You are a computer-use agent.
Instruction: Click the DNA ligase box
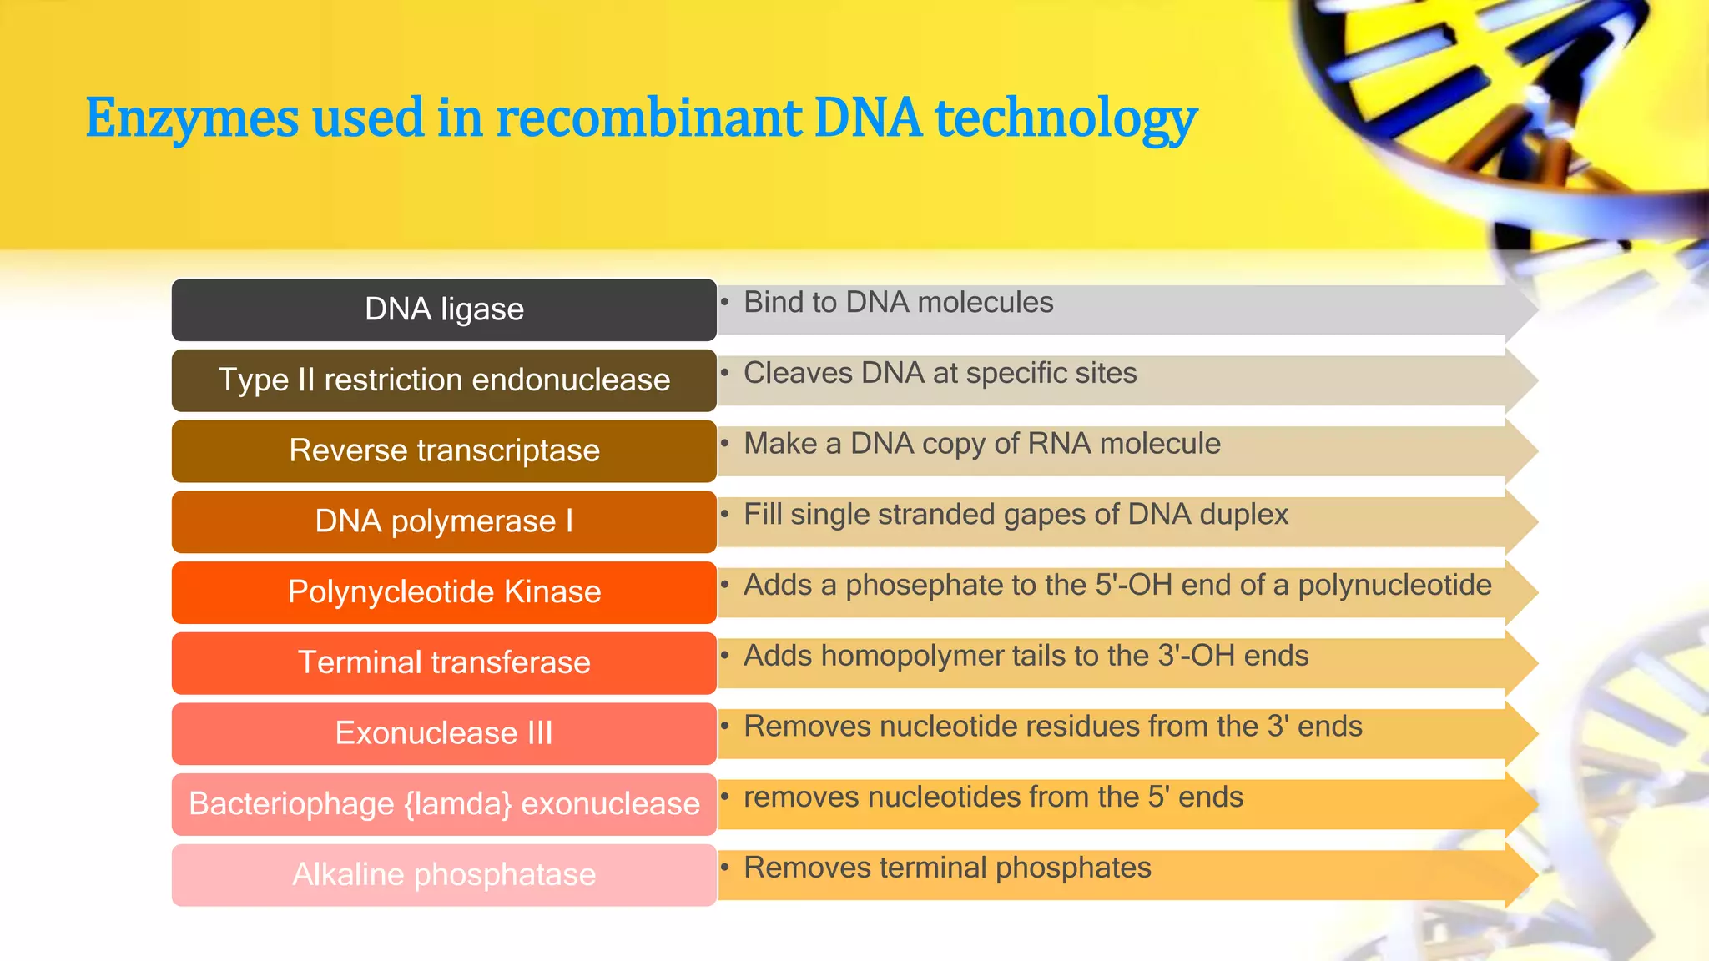pyautogui.click(x=444, y=309)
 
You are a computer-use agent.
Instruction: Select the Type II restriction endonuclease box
pyautogui.click(x=444, y=380)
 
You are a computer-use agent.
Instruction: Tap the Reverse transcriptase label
pyautogui.click(x=444, y=450)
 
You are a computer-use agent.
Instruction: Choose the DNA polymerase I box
pyautogui.click(x=444, y=521)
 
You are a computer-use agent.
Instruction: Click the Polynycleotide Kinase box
pyautogui.click(x=444, y=592)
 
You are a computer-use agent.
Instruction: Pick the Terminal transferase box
pyautogui.click(x=444, y=662)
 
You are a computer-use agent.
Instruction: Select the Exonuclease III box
pyautogui.click(x=444, y=733)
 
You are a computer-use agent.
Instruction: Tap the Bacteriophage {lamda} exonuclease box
pyautogui.click(x=444, y=804)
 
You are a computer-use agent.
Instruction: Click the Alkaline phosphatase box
pyautogui.click(x=444, y=874)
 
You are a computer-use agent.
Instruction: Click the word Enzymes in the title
pyautogui.click(x=191, y=119)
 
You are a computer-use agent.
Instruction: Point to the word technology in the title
pyautogui.click(x=1066, y=119)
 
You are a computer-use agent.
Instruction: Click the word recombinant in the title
pyautogui.click(x=648, y=118)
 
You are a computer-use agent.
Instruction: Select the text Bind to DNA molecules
pyautogui.click(x=898, y=302)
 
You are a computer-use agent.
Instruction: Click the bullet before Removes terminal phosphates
pyautogui.click(x=725, y=867)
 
